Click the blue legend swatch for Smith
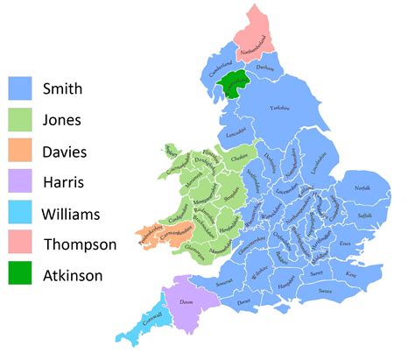tap(25, 88)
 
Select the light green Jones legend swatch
tap(25, 119)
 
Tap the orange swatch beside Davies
tap(25, 151)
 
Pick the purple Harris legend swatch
tap(25, 181)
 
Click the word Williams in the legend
tap(72, 213)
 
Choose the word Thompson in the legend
tap(79, 244)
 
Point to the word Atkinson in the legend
tap(74, 275)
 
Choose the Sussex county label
tap(326, 289)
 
